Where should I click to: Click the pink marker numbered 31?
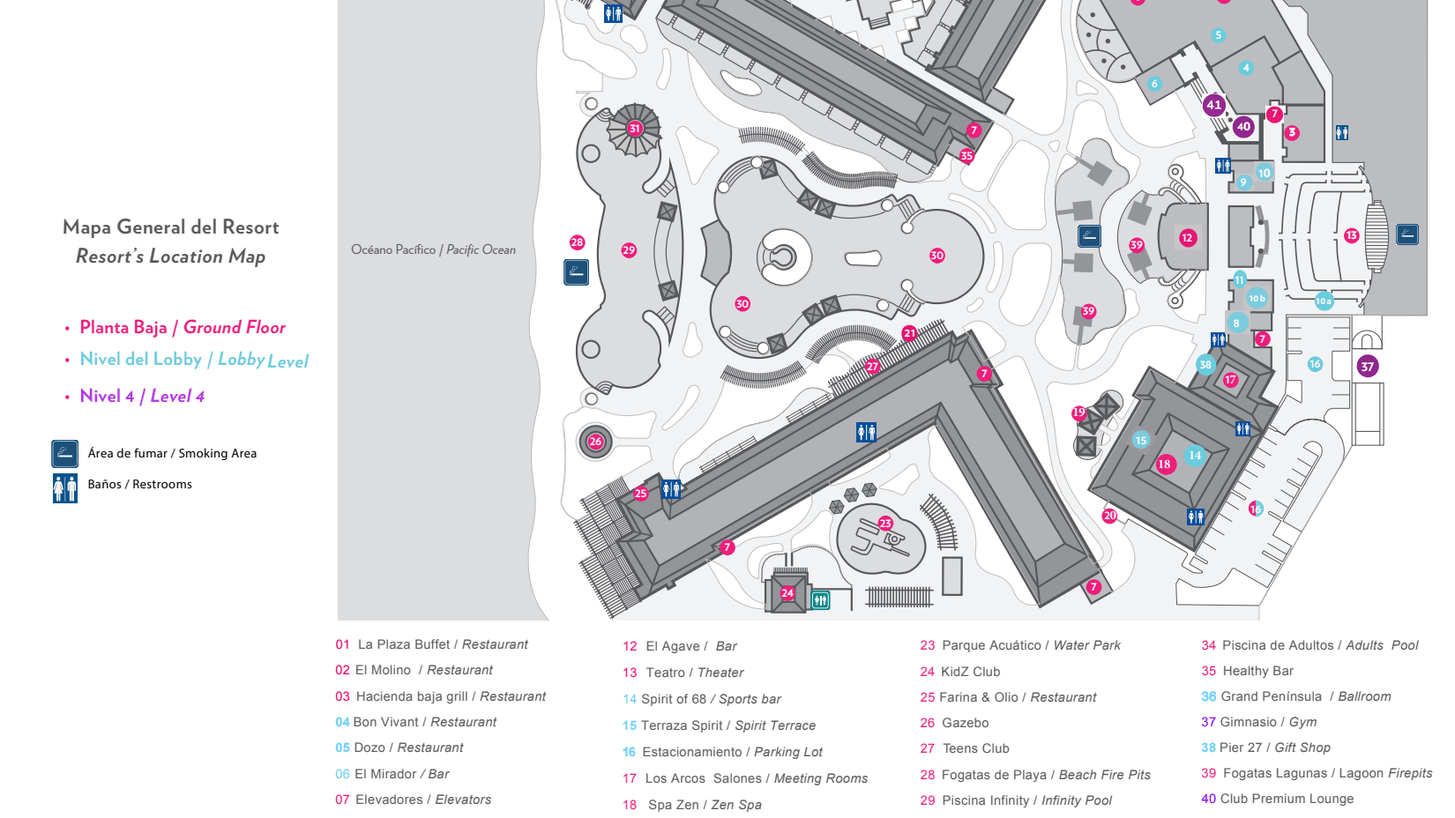(634, 128)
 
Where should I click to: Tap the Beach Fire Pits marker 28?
(577, 242)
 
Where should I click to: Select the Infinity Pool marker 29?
(629, 250)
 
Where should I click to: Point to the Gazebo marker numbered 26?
(595, 442)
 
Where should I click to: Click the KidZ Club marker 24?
(787, 593)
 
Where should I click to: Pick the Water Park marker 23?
(885, 524)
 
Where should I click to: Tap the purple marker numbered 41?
(1214, 105)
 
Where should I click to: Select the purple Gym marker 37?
(1368, 367)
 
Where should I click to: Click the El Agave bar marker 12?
(1188, 238)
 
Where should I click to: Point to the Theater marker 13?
(1352, 235)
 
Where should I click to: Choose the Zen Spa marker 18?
(1165, 465)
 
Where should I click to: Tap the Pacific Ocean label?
(433, 249)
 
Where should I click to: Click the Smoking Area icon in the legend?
(64, 453)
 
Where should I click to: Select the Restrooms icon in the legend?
(64, 488)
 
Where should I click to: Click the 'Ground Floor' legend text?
(235, 328)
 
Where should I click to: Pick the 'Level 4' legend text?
(177, 397)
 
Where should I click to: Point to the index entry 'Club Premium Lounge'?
(1287, 799)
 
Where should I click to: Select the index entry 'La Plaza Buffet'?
(405, 644)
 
